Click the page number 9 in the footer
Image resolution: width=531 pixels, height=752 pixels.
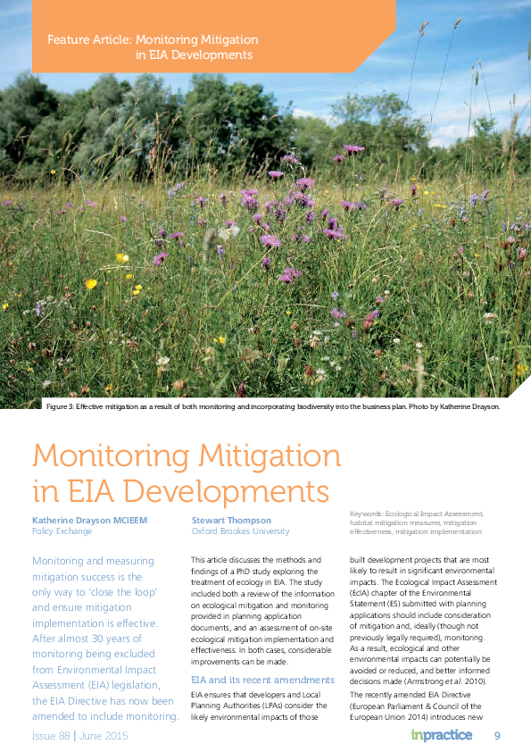(498, 735)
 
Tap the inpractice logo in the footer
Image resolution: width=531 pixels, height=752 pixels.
(442, 735)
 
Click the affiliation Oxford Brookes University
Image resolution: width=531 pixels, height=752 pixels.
(240, 531)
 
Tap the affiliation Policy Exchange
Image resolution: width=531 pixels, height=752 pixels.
(62, 531)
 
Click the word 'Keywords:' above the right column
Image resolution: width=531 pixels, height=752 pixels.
(365, 514)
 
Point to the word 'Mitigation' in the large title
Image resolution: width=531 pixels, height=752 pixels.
(268, 456)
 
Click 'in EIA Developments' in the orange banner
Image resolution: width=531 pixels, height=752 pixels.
(194, 55)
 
